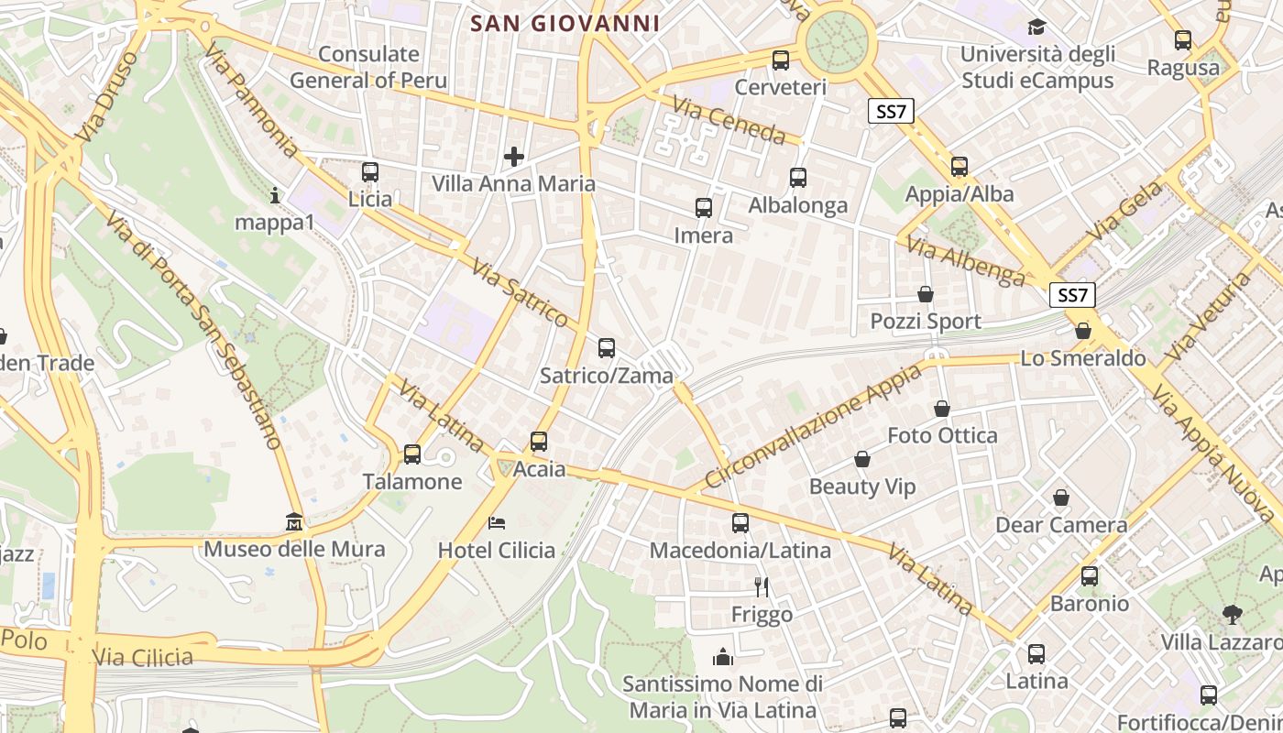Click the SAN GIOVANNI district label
point(565,23)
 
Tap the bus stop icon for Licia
point(370,172)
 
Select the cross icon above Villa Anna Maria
point(514,157)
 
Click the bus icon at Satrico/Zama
point(607,348)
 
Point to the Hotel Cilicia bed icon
point(497,523)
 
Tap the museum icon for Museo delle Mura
point(294,522)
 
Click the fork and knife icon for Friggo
point(761,586)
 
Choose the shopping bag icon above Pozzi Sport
point(926,294)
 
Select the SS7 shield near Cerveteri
point(891,112)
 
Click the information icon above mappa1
point(275,195)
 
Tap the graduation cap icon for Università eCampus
point(1036,27)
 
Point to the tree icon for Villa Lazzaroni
point(1233,614)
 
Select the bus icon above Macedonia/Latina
point(740,523)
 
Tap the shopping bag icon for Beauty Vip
point(862,459)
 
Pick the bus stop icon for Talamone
point(412,454)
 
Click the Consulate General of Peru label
point(368,67)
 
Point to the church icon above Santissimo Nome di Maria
point(723,657)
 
